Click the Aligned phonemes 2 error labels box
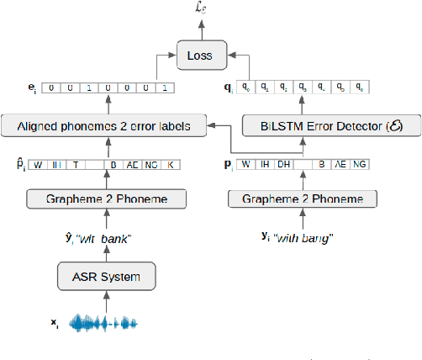103,126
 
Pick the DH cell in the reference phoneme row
283,164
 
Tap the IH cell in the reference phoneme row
265,164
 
